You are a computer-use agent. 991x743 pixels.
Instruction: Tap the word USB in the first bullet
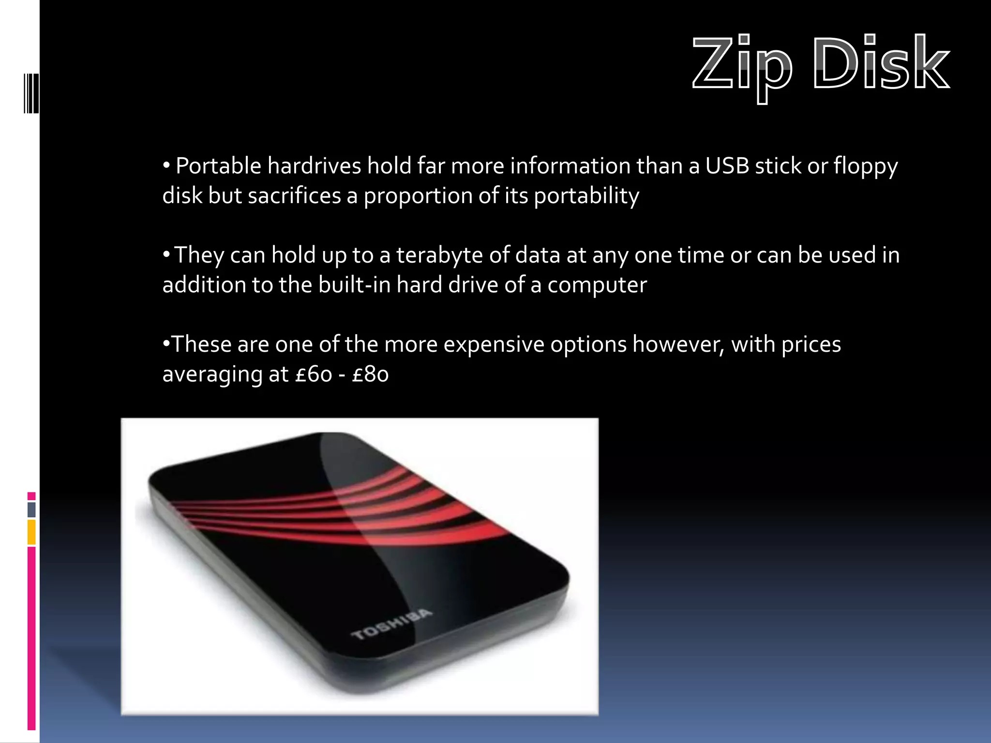coord(727,166)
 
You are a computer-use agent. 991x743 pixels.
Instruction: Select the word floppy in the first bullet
coord(866,167)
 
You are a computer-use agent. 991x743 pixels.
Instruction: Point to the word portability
coord(586,196)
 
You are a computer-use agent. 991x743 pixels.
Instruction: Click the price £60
coord(314,374)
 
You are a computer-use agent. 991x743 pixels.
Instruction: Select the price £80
coord(370,374)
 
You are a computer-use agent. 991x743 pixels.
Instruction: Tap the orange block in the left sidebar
coord(31,532)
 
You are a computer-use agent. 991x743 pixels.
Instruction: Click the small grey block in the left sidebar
coord(31,509)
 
